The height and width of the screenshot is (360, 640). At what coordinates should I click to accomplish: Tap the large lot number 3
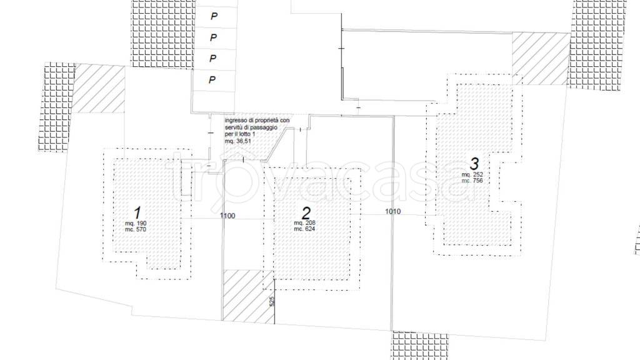click(x=474, y=164)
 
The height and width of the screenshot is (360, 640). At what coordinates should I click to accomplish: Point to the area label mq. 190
click(x=136, y=223)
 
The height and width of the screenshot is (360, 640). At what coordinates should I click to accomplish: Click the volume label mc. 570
click(x=136, y=229)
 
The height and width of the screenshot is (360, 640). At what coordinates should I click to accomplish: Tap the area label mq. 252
click(x=472, y=175)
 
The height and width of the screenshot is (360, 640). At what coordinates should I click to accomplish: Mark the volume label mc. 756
click(x=472, y=181)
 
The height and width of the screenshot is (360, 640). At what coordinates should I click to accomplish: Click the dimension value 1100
click(x=227, y=216)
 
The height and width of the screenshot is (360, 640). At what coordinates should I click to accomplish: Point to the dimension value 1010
click(x=392, y=212)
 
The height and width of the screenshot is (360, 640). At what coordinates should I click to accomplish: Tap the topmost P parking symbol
click(x=213, y=17)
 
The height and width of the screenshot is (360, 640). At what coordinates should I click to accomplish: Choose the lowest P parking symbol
click(x=212, y=79)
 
